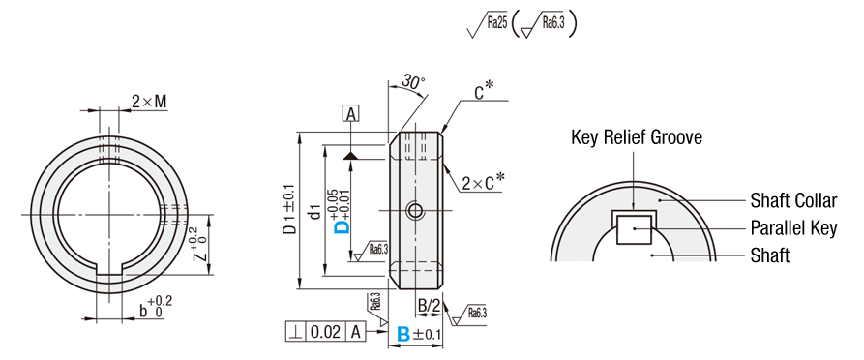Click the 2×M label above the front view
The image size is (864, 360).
149,102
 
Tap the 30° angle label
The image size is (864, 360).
413,82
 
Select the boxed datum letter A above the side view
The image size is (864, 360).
350,114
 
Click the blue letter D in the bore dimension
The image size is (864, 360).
343,227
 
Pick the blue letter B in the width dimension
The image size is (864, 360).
403,334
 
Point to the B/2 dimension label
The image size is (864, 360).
428,306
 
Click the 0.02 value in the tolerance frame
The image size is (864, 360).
325,332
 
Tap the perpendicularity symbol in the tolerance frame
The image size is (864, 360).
295,332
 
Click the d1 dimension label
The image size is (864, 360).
314,211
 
